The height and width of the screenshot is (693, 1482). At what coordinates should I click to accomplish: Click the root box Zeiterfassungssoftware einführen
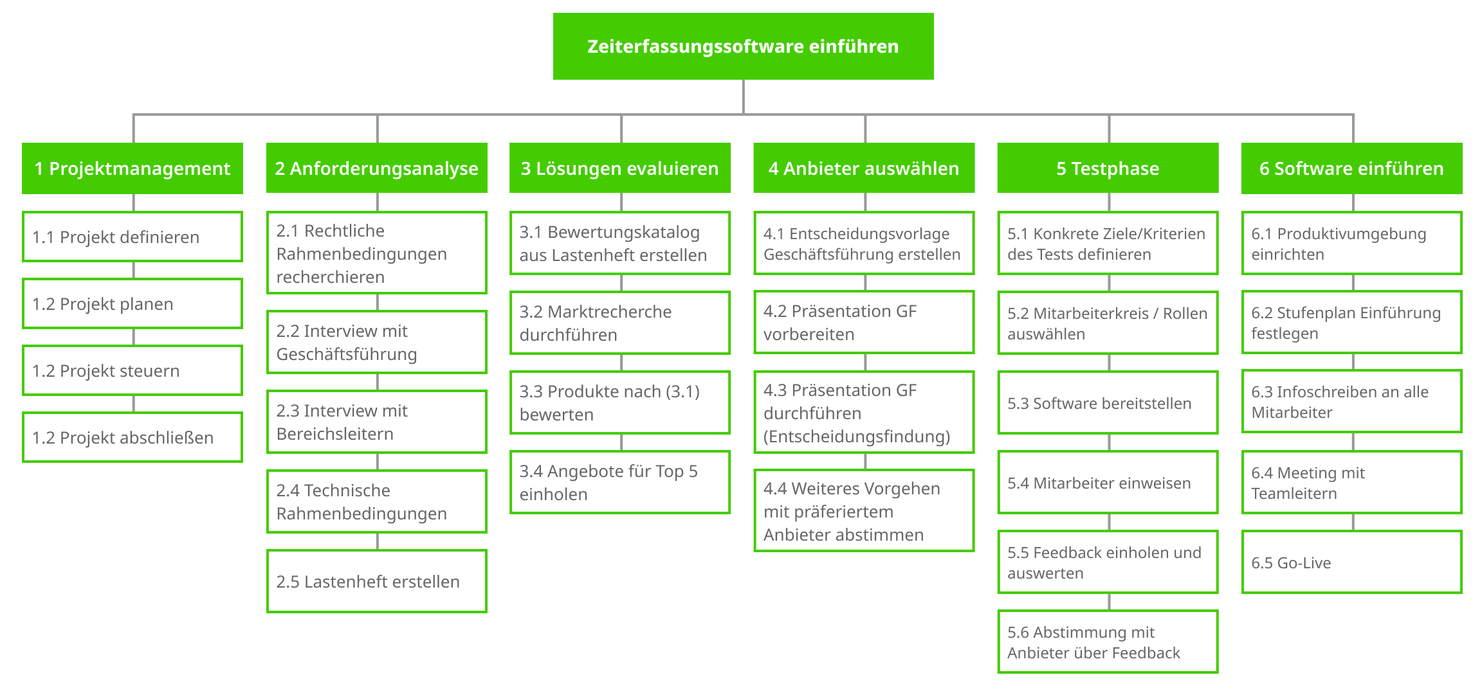(743, 46)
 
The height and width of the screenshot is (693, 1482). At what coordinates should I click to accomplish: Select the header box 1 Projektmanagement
(133, 168)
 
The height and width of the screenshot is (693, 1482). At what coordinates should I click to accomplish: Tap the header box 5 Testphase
(1108, 168)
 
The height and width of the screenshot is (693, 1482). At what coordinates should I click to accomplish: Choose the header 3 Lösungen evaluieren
(620, 168)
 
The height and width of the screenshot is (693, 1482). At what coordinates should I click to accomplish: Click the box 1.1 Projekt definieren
(133, 237)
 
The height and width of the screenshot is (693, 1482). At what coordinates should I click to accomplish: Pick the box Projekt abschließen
(133, 437)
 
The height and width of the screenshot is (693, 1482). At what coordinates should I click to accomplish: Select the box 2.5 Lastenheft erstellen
(377, 581)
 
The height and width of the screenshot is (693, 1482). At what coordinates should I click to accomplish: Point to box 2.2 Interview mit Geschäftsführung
(377, 342)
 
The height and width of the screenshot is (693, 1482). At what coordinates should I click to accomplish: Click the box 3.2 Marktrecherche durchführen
(620, 323)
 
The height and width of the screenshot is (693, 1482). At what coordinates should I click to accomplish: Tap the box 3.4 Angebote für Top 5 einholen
(620, 482)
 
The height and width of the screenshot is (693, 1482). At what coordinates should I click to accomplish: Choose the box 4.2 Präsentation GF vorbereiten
(864, 322)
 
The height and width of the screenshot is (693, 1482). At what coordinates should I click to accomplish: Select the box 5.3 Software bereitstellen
(1108, 402)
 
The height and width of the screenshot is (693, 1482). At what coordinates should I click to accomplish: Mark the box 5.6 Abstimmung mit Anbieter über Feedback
(1108, 642)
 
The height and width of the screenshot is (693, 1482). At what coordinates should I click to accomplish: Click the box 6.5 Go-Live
(1352, 562)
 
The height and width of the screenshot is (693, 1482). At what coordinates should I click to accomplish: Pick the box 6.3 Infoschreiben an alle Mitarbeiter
(1352, 401)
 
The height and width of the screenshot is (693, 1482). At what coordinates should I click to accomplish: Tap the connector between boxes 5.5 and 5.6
(1109, 602)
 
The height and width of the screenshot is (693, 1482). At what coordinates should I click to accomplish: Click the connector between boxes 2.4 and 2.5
(378, 541)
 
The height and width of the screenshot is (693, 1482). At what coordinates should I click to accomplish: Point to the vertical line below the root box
(744, 97)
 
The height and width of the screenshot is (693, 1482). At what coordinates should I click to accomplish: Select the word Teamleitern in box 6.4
(1294, 494)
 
